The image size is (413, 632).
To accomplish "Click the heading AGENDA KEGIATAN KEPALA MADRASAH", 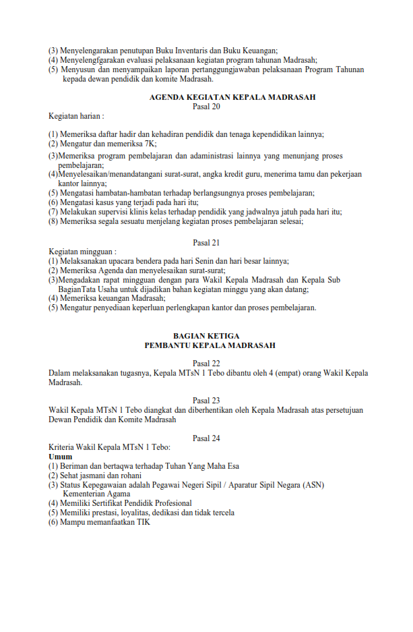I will pyautogui.click(x=232, y=97).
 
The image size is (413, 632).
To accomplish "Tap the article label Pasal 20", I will pyautogui.click(x=206, y=106).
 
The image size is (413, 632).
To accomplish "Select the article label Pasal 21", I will pyautogui.click(x=206, y=243).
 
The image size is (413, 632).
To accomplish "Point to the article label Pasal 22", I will pyautogui.click(x=206, y=364).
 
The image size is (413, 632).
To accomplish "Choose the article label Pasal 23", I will pyautogui.click(x=206, y=401).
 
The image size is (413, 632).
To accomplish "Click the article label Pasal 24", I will pyautogui.click(x=206, y=438).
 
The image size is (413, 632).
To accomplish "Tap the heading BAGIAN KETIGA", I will pyautogui.click(x=206, y=335).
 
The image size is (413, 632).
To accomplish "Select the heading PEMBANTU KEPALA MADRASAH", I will pyautogui.click(x=210, y=345).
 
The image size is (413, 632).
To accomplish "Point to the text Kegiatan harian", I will pyautogui.click(x=75, y=116).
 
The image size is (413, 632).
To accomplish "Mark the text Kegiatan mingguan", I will pyautogui.click(x=81, y=252).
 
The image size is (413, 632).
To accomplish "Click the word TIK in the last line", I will pyautogui.click(x=144, y=521).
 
